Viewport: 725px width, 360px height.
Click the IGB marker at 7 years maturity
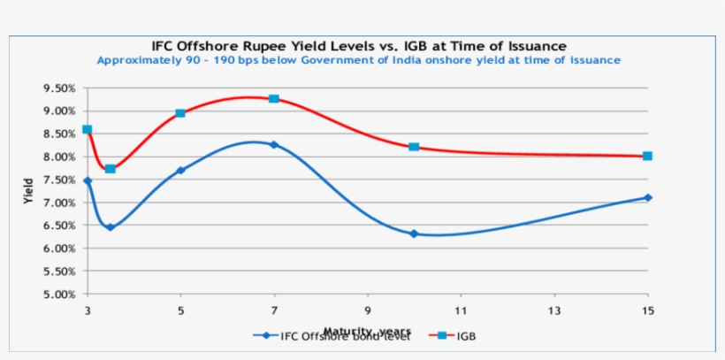click(274, 98)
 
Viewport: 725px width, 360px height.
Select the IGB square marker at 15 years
click(647, 156)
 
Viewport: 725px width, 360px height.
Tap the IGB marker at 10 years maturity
click(414, 146)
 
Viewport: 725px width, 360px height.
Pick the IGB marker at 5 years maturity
click(180, 113)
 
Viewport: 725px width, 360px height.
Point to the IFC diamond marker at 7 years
click(274, 144)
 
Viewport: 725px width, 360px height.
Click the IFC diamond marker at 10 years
click(414, 234)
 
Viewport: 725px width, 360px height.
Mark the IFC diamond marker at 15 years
click(647, 197)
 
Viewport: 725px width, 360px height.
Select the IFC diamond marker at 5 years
click(180, 170)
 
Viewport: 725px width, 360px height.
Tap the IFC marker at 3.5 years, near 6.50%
click(111, 227)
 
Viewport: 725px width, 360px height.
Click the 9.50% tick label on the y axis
click(59, 88)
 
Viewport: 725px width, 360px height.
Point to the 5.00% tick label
click(59, 295)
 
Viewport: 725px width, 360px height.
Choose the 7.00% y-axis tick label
click(59, 203)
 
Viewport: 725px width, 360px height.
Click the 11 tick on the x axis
click(461, 310)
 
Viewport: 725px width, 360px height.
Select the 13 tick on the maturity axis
click(554, 310)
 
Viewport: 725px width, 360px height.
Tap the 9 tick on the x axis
click(367, 310)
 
